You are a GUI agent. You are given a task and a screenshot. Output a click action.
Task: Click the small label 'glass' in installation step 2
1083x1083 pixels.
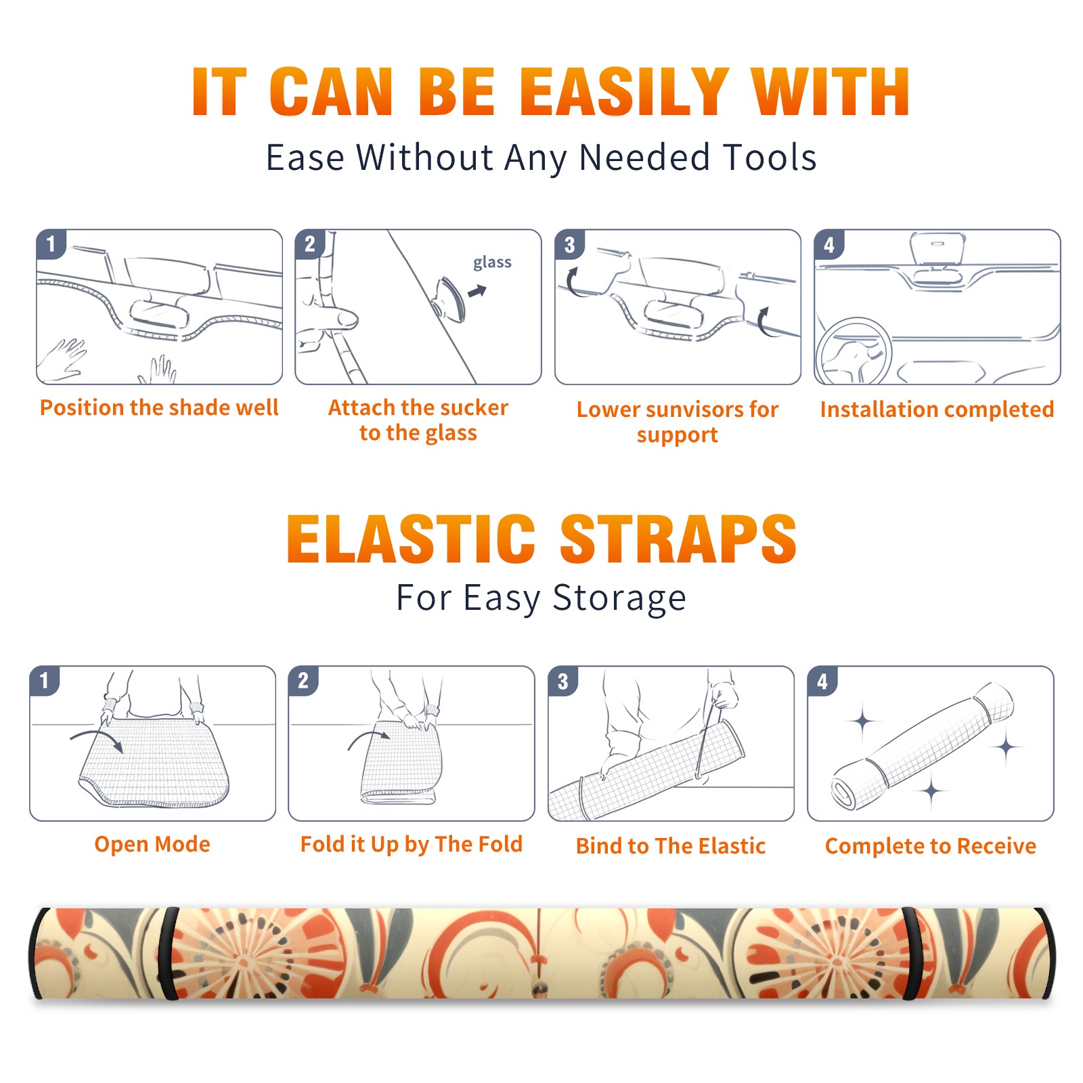492,262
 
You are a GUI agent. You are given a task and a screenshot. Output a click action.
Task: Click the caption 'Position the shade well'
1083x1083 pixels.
159,407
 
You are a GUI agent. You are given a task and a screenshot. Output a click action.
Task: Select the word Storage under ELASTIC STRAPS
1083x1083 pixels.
619,598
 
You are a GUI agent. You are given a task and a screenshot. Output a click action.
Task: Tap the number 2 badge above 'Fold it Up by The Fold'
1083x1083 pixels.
303,680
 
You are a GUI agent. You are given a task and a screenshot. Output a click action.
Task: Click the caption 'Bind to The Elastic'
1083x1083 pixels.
670,845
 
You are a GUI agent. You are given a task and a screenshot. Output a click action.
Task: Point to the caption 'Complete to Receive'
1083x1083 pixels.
931,846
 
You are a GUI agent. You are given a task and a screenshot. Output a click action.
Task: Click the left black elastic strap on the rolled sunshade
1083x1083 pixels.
167,954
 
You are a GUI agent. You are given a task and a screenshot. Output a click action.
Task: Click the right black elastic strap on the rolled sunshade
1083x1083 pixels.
913,954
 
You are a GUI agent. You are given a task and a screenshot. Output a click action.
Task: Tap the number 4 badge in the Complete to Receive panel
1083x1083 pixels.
822,680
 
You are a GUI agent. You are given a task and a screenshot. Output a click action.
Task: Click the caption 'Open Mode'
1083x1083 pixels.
152,844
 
